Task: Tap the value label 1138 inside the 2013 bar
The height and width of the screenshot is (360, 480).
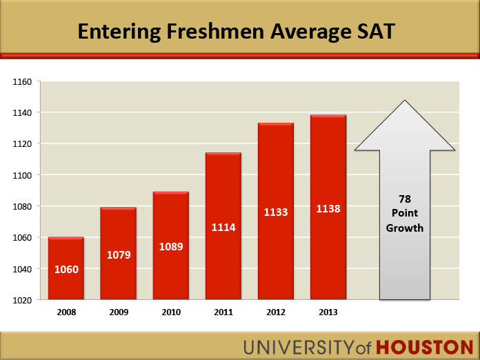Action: pyautogui.click(x=328, y=208)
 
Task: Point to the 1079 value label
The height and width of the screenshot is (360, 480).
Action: pyautogui.click(x=118, y=255)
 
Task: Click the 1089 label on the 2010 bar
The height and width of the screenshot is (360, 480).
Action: pyautogui.click(x=170, y=246)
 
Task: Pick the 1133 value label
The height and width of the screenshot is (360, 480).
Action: pyautogui.click(x=275, y=212)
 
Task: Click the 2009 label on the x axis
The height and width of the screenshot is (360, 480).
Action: pyautogui.click(x=118, y=312)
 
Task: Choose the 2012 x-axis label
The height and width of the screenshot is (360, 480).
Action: pyautogui.click(x=275, y=312)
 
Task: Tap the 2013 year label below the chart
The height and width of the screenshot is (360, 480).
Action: pyautogui.click(x=328, y=312)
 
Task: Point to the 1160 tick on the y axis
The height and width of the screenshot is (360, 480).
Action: pyautogui.click(x=23, y=81)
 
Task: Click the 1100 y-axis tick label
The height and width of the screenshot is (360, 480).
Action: pyautogui.click(x=23, y=175)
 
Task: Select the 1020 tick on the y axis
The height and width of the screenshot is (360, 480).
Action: pyautogui.click(x=23, y=300)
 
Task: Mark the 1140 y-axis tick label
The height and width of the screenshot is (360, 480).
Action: pyautogui.click(x=23, y=112)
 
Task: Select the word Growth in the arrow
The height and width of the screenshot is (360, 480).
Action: pyautogui.click(x=405, y=228)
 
